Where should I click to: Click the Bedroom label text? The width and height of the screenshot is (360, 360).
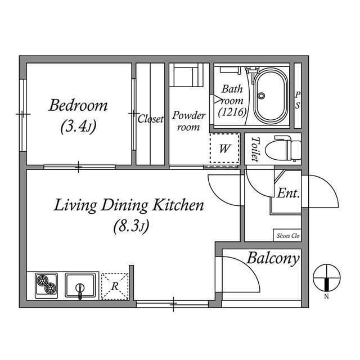(78, 106)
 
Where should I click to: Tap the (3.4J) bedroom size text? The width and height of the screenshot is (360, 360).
(78, 127)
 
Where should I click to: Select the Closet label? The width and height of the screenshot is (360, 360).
(150, 119)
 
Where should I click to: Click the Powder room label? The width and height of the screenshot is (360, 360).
(188, 121)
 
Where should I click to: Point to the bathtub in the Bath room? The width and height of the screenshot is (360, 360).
(272, 95)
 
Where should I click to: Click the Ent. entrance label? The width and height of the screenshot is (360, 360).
(288, 193)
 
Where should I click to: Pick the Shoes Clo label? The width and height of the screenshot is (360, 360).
(287, 236)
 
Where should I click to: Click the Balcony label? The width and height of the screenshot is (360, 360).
(273, 259)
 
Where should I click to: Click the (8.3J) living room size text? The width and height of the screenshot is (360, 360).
(130, 227)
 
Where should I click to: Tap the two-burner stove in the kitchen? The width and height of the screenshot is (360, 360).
(47, 285)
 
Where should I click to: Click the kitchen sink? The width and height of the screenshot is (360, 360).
(80, 285)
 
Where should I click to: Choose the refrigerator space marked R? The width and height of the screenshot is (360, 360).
(115, 286)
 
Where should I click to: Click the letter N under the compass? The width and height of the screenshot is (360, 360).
(326, 296)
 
